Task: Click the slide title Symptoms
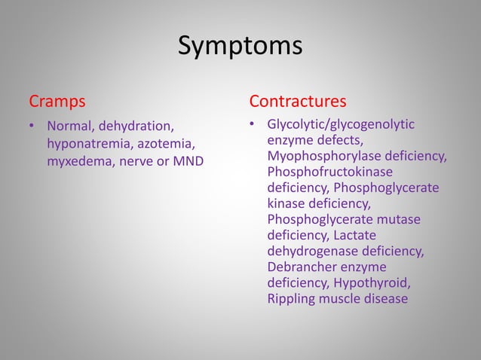[x=240, y=47]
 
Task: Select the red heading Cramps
[x=57, y=100]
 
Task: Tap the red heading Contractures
[x=298, y=100]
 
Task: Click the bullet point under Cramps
[x=32, y=126]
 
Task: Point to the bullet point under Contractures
[x=254, y=125]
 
